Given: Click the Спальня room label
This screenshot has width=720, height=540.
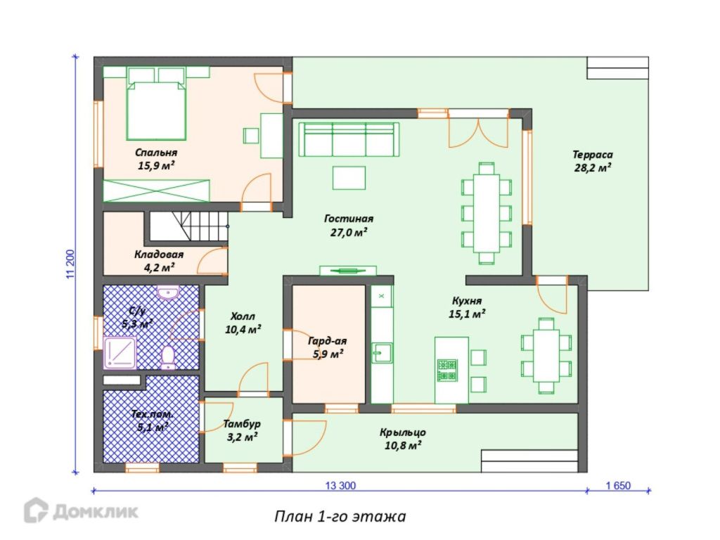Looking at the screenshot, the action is click(x=156, y=153).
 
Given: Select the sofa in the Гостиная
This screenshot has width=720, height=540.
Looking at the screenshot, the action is click(x=349, y=140).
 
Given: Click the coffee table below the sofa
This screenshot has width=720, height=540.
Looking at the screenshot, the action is click(x=349, y=178).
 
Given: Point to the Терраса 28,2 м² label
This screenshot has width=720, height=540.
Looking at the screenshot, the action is click(x=592, y=161).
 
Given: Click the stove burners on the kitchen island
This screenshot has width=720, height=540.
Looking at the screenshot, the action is click(x=447, y=370).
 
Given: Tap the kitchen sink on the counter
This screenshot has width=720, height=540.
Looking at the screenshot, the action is click(x=382, y=353).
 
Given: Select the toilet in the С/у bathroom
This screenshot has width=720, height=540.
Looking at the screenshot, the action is click(x=167, y=358).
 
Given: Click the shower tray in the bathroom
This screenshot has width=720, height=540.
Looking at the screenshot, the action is click(x=120, y=353).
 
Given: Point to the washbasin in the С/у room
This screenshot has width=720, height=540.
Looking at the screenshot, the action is click(x=168, y=292).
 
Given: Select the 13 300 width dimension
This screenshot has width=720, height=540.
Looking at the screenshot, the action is click(x=340, y=486).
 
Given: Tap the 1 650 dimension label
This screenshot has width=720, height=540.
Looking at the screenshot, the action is click(x=618, y=486).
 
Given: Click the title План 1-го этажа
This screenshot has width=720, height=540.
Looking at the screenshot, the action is click(x=340, y=517).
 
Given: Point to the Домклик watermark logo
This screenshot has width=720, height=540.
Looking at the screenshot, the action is click(x=82, y=510).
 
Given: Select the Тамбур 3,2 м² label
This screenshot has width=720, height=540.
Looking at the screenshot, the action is click(x=242, y=430).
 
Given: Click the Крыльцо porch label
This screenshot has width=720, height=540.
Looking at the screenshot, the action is click(x=403, y=439).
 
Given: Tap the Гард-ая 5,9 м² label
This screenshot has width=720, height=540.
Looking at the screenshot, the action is click(x=327, y=347).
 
